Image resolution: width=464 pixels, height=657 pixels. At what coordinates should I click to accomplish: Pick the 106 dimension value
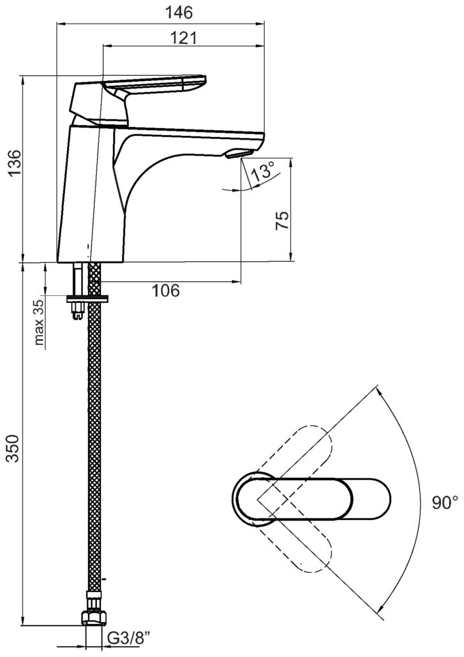(x=165, y=291)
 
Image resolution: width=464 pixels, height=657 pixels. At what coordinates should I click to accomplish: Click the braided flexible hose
(x=95, y=447)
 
